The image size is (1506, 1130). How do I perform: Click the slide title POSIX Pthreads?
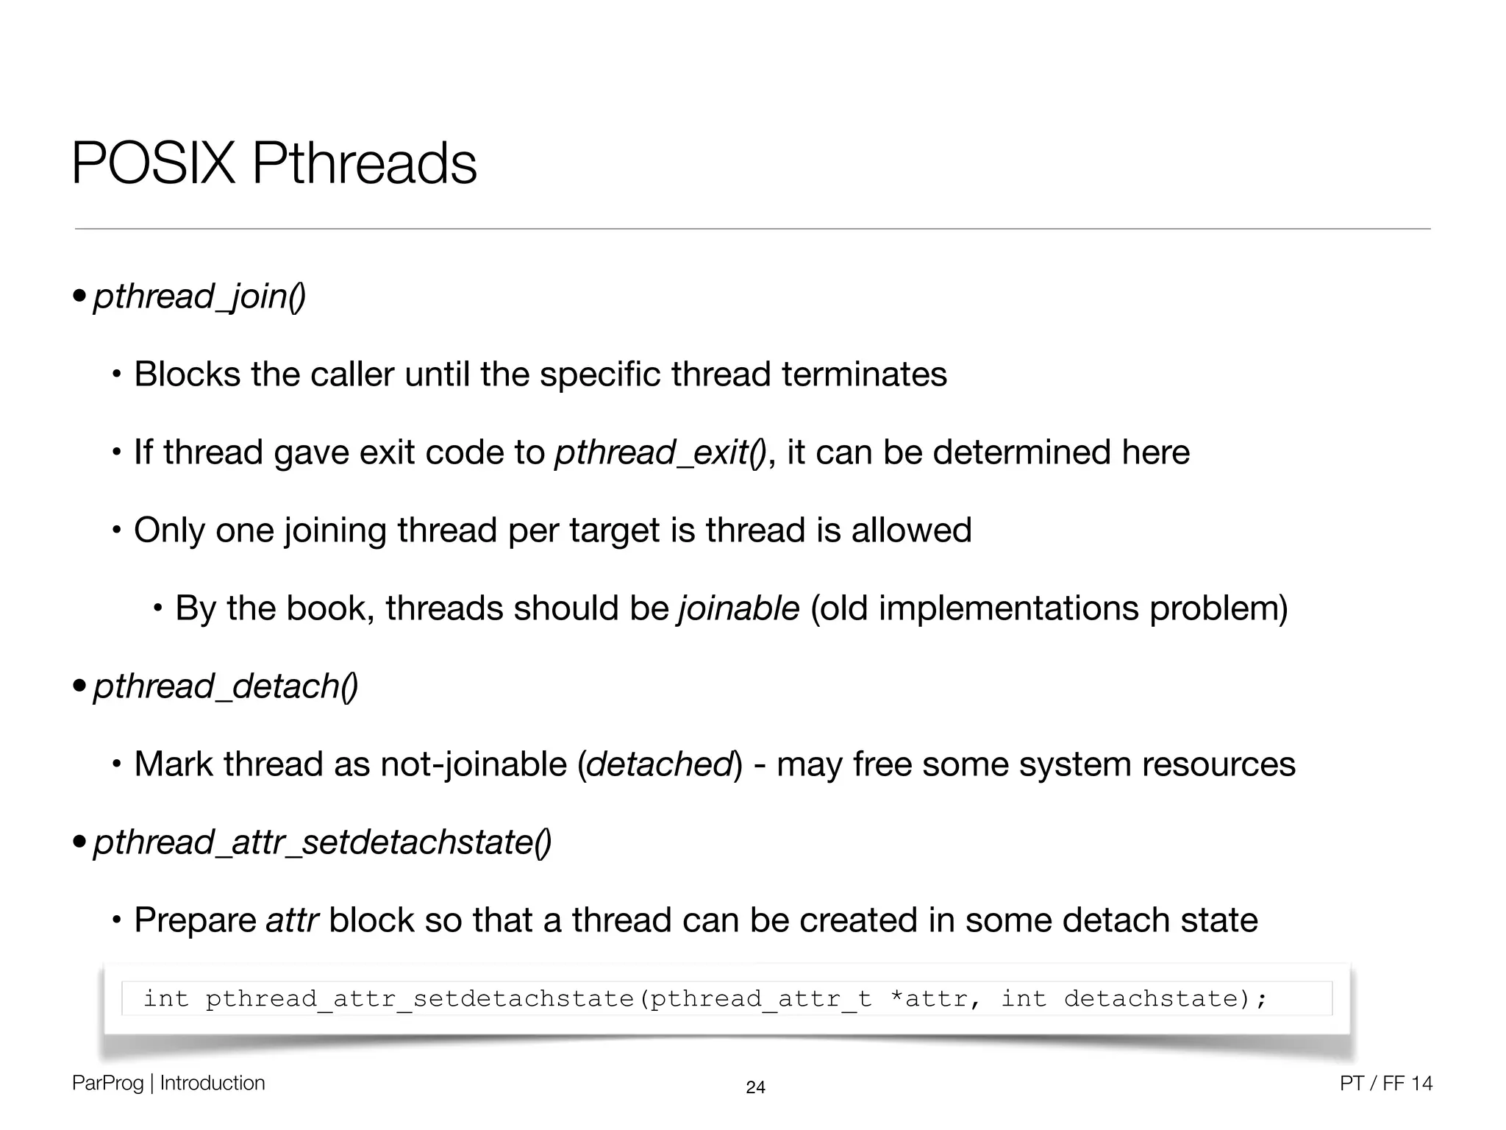point(274,163)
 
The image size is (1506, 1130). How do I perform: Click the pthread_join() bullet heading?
point(199,296)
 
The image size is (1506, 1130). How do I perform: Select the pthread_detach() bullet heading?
point(225,686)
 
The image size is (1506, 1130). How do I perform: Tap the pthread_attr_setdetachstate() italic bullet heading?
point(322,842)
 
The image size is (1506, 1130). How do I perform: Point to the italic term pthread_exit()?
point(660,452)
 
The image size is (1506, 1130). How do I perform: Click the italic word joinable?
point(738,608)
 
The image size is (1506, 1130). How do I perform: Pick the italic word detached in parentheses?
point(660,764)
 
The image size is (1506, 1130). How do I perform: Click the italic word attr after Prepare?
point(292,920)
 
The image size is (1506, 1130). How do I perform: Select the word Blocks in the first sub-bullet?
point(187,374)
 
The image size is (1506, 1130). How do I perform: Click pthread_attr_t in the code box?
point(761,999)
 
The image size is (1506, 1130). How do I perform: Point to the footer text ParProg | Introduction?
point(168,1083)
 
